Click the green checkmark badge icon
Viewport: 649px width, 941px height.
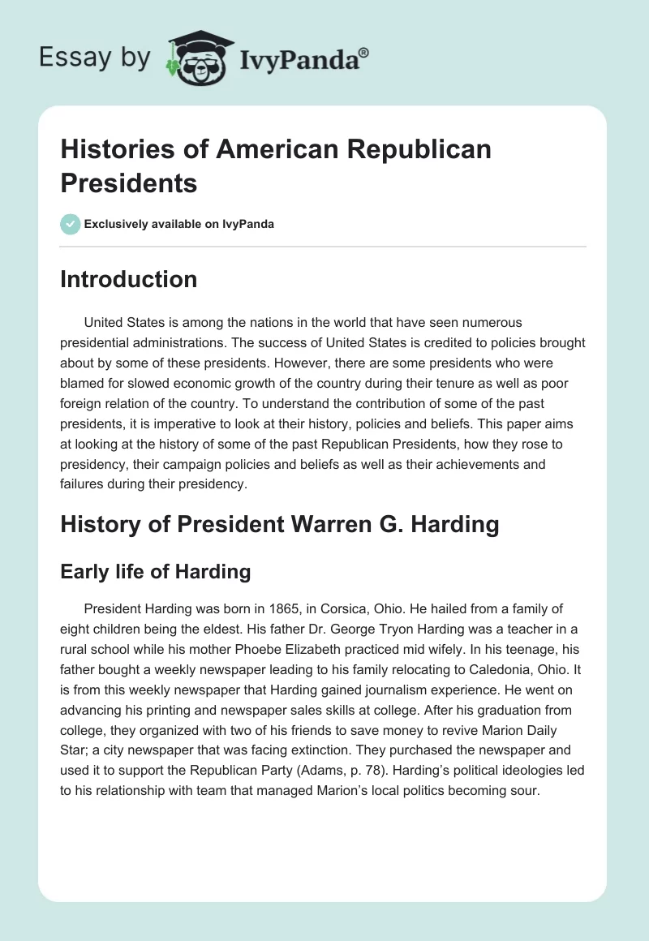point(71,224)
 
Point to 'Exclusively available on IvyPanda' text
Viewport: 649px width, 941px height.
point(178,225)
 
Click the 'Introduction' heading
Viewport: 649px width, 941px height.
point(129,279)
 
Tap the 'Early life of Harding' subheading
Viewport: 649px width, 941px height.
point(156,572)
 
